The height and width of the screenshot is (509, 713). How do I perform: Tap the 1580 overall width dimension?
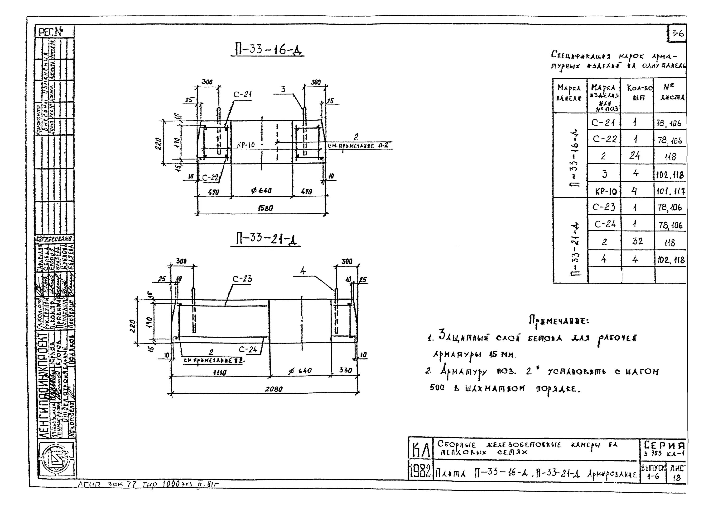[x=265, y=208]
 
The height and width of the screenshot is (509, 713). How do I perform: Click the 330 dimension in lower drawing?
[x=345, y=370]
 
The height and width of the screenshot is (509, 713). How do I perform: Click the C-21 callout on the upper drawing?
[x=242, y=94]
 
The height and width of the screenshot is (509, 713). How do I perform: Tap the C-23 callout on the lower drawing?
[x=242, y=279]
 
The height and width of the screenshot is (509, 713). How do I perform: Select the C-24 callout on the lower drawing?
[x=248, y=349]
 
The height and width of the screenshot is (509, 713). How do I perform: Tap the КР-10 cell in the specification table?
[x=605, y=191]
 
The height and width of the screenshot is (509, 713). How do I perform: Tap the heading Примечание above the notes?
[x=559, y=321]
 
